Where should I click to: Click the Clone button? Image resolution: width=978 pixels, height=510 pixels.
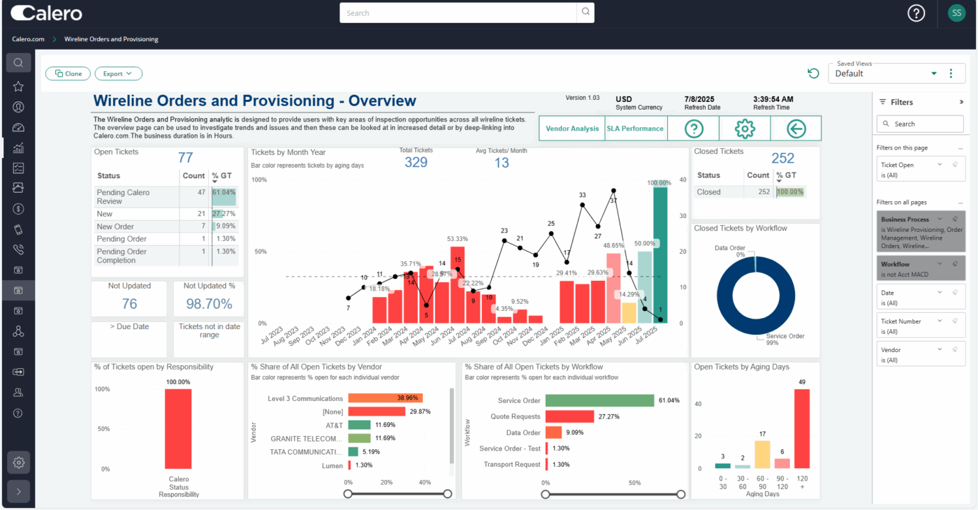[x=68, y=73]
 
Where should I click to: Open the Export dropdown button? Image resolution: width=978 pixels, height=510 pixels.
[x=118, y=73]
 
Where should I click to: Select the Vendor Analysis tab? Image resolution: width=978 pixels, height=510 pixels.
[x=572, y=129]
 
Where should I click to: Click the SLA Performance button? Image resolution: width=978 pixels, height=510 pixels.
[x=635, y=129]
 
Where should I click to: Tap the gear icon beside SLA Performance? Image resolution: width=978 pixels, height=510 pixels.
[x=745, y=129]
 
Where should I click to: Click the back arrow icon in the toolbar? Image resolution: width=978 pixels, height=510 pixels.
[x=796, y=129]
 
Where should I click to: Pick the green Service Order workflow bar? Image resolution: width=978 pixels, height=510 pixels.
[x=599, y=400]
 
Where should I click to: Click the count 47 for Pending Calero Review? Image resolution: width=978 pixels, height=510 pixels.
[x=201, y=192]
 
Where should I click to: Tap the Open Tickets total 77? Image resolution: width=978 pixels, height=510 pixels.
[x=185, y=158]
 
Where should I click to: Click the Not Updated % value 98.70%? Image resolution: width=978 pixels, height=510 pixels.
[x=209, y=304]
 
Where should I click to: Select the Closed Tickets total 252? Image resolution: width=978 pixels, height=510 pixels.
[x=783, y=159]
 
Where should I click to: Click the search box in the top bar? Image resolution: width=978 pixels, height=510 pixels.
[x=459, y=13]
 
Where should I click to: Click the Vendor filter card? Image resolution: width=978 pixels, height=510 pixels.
[x=920, y=354]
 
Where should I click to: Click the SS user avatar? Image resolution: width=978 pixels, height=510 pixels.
[x=956, y=13]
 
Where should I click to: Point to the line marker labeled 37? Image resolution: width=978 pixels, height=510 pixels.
[x=613, y=190]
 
